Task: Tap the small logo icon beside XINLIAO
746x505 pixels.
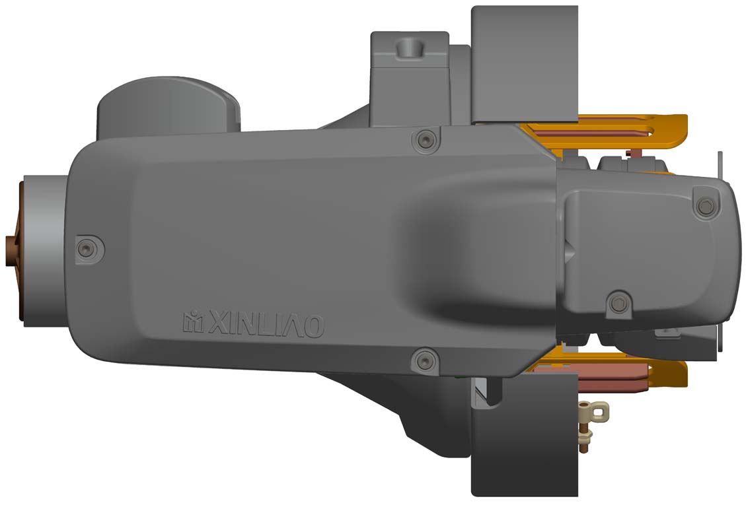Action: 194,321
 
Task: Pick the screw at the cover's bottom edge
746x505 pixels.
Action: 425,361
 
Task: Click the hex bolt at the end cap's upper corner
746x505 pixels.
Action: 706,207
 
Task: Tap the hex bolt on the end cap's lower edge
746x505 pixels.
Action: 619,303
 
